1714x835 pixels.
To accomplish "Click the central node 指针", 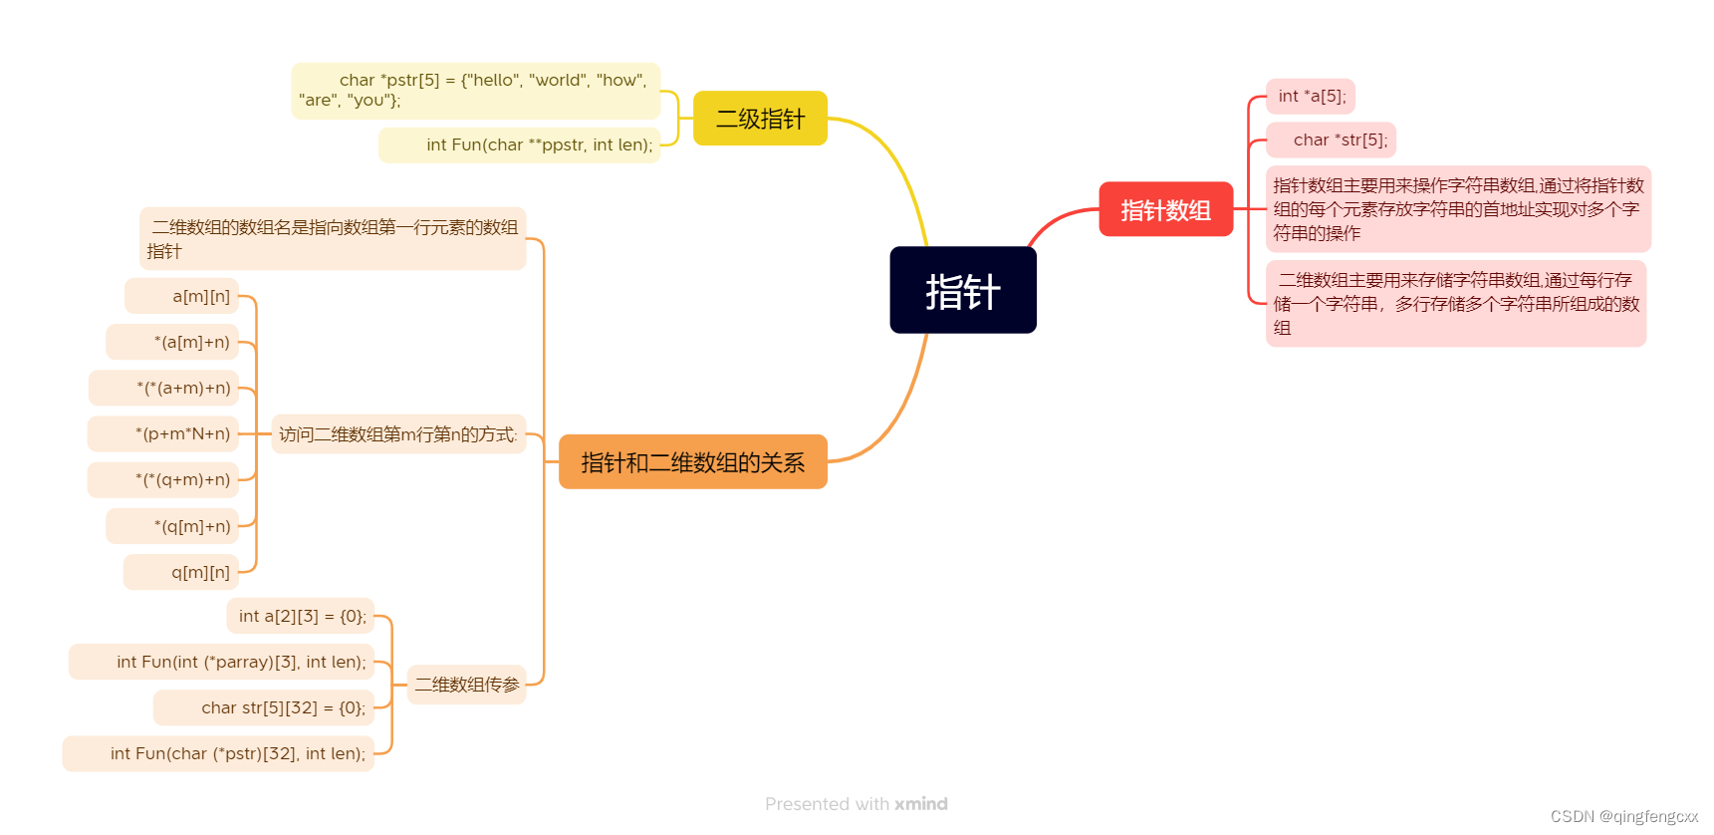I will click(962, 290).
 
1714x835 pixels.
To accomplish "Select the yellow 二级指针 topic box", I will click(760, 119).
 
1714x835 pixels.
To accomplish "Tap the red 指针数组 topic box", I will click(1165, 209).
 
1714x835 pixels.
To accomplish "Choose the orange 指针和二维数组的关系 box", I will click(692, 462).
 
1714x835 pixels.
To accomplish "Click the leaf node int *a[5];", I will click(1311, 97).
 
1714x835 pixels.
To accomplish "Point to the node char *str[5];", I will click(1331, 140).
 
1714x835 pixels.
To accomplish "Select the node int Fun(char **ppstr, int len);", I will click(519, 145).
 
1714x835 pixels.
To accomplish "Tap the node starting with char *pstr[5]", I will click(475, 91).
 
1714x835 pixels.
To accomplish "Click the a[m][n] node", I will click(182, 296).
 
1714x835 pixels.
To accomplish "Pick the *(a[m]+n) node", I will click(173, 342).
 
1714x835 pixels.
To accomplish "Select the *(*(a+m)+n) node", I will click(164, 388).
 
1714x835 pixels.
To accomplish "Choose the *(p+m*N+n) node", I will click(163, 433).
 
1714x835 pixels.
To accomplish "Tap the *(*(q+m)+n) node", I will click(163, 479).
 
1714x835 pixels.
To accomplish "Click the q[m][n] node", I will click(181, 572).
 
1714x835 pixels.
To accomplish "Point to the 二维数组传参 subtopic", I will click(466, 685).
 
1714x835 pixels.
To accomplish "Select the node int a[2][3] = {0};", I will click(301, 616).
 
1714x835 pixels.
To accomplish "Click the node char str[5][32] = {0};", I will click(264, 707).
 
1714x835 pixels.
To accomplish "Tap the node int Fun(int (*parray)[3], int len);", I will click(221, 662).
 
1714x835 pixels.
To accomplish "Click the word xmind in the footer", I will click(921, 804).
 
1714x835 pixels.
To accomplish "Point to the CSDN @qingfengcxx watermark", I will click(1623, 817).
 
